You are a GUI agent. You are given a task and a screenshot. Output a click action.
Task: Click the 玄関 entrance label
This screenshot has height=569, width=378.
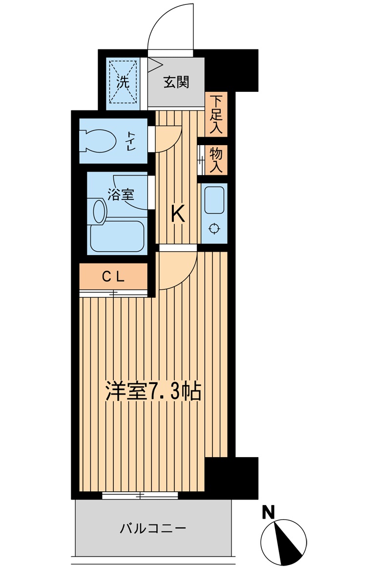(176, 83)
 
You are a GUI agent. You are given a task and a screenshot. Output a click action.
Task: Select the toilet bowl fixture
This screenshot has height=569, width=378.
(99, 140)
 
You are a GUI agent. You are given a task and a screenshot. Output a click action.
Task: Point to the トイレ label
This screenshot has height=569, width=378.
(130, 141)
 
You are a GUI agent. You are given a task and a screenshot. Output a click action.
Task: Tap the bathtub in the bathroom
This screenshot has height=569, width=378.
(117, 236)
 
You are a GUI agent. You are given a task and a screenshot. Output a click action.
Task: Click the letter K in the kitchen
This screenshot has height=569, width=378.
(178, 214)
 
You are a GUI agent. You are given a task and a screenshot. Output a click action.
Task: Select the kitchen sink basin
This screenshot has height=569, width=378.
(214, 200)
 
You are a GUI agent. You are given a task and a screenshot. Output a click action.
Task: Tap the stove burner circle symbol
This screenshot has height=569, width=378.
(214, 228)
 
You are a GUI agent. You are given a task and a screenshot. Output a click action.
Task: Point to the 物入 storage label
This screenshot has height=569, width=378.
(216, 160)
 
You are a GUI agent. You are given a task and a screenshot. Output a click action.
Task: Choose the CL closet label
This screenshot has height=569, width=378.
(113, 277)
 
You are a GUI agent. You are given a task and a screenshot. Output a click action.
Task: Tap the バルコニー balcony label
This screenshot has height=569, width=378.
(153, 528)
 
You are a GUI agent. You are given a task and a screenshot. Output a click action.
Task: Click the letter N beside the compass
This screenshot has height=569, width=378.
(269, 512)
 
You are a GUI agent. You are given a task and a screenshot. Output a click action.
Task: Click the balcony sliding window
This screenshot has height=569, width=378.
(140, 495)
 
